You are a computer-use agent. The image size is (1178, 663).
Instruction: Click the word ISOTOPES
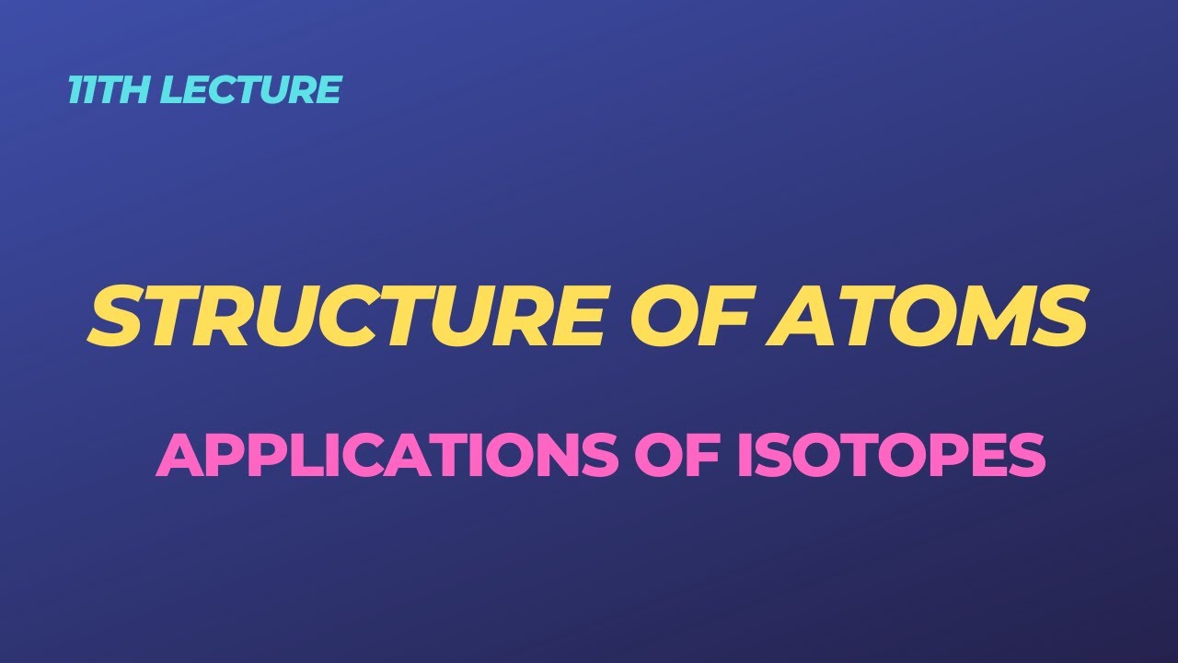click(892, 455)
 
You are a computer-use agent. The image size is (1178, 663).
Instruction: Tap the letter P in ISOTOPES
click(953, 455)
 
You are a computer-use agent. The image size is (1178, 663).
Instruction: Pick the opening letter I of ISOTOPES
click(746, 455)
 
